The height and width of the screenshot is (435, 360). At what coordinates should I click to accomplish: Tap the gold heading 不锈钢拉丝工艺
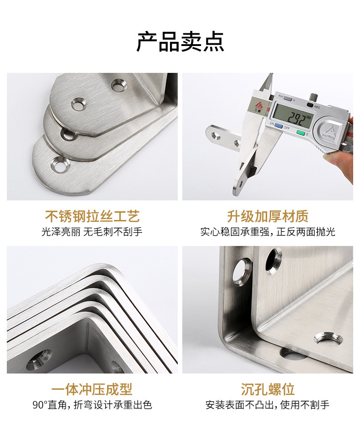(92, 216)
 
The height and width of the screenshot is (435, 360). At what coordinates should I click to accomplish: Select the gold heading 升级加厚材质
(267, 216)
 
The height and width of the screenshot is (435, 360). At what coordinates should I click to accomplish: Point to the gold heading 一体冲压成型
(92, 389)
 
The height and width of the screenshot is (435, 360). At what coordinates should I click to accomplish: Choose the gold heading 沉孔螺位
(267, 389)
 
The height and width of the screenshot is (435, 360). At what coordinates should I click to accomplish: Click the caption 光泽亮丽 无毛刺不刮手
(92, 232)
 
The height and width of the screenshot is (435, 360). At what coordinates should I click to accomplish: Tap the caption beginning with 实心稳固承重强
(267, 232)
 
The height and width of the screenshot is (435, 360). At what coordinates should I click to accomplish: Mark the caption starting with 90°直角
(92, 405)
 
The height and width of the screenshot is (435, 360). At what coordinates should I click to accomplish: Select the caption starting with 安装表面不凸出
(267, 405)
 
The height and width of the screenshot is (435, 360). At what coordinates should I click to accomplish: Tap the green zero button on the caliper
(300, 133)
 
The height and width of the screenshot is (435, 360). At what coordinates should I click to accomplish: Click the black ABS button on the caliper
(310, 105)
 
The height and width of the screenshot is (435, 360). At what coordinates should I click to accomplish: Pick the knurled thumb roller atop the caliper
(314, 97)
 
